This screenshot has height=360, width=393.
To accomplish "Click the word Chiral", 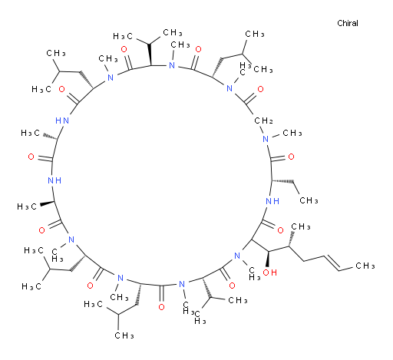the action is pyautogui.click(x=348, y=23).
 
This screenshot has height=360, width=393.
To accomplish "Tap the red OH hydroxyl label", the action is pyautogui.click(x=270, y=272).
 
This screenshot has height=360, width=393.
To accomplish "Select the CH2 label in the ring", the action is pyautogui.click(x=263, y=121).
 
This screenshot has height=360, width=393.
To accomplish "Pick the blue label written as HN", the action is pyautogui.click(x=62, y=121).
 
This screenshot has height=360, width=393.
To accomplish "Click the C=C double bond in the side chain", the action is pyautogui.click(x=331, y=262).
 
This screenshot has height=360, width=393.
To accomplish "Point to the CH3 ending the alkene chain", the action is pyautogui.click(x=365, y=266).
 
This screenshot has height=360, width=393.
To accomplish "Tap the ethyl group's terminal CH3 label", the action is pyautogui.click(x=309, y=200).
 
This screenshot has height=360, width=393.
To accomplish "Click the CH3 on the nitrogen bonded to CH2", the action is pyautogui.click(x=292, y=133).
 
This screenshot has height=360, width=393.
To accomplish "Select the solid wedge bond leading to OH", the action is pyautogui.click(x=267, y=259).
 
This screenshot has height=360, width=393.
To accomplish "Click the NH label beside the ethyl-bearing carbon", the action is pyautogui.click(x=272, y=201).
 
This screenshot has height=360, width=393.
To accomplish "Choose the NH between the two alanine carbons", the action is pyautogui.click(x=54, y=180).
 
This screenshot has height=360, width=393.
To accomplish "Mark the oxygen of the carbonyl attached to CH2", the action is pyautogui.click(x=260, y=89).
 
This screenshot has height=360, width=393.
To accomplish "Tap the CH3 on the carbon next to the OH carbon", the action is pyautogui.click(x=301, y=226).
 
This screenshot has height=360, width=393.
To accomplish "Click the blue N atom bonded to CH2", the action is pyautogui.click(x=266, y=139).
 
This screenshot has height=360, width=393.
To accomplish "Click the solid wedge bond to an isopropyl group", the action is pyautogui.click(x=150, y=54).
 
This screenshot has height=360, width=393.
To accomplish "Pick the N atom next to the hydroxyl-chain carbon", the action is pyautogui.click(x=237, y=256).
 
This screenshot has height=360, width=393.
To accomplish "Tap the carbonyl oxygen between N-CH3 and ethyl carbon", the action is pyautogui.click(x=291, y=157).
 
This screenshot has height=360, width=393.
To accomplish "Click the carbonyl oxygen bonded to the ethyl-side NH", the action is pyautogui.click(x=280, y=230).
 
